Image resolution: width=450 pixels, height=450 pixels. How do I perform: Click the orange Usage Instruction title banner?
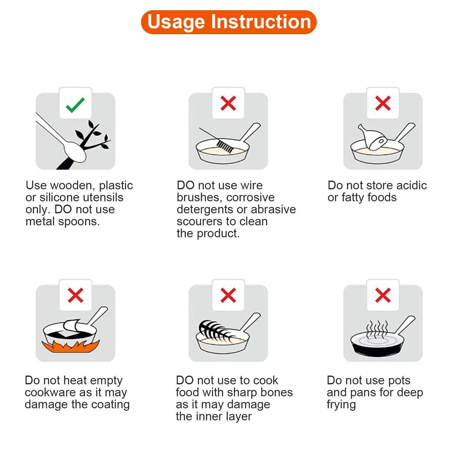point(229,22)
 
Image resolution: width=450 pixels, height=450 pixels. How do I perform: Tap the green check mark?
point(75,105)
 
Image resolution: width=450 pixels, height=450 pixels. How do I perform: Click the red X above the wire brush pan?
point(228,103)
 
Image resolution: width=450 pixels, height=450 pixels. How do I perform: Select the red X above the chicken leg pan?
point(383,103)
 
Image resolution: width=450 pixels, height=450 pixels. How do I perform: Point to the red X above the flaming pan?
point(76,295)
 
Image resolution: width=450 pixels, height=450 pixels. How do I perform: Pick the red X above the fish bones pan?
point(228,295)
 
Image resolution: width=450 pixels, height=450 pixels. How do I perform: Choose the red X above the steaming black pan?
point(383,295)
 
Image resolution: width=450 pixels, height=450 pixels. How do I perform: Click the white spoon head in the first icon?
point(74,152)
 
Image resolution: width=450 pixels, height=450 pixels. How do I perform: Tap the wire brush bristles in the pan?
point(225,146)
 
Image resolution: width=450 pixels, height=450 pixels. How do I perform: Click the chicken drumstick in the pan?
point(372,137)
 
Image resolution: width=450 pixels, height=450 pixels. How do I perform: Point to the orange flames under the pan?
point(71,346)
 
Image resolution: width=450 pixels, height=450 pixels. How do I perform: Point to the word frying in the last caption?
point(341,405)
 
